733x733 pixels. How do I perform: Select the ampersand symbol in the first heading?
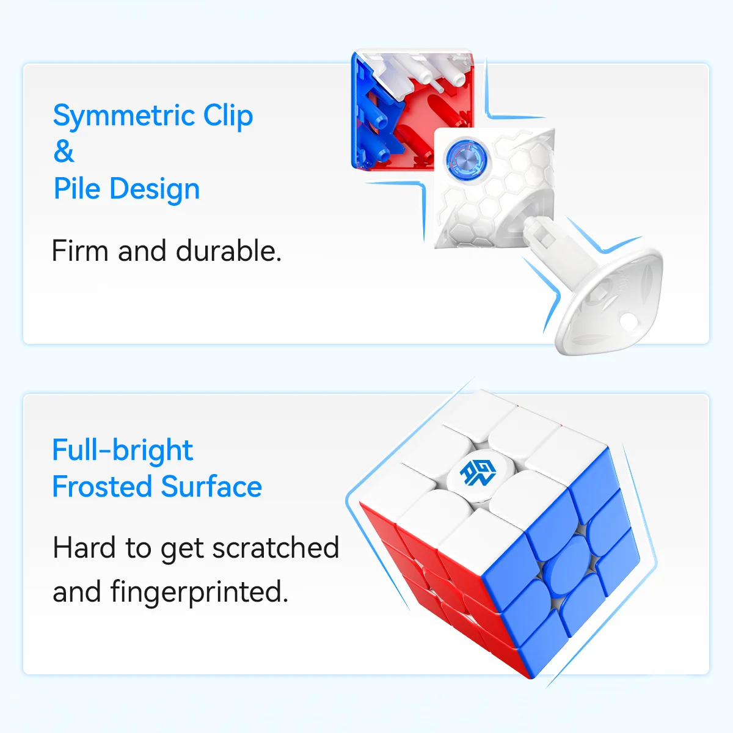[64, 151]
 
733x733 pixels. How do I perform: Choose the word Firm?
[80, 251]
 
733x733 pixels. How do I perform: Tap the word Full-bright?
[122, 450]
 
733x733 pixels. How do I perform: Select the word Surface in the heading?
[211, 487]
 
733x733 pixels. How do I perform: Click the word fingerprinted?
[199, 592]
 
